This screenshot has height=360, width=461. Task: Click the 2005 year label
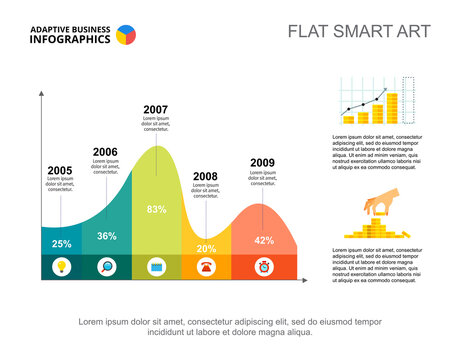pyautogui.click(x=60, y=170)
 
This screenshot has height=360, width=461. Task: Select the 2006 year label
pyautogui.click(x=105, y=152)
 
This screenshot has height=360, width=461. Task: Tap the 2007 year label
pyautogui.click(x=155, y=109)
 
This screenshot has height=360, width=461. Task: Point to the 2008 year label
pyautogui.click(x=205, y=176)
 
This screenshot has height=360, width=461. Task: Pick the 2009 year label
pyautogui.click(x=262, y=162)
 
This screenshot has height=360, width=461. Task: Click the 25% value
pyautogui.click(x=62, y=244)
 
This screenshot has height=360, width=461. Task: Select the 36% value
pyautogui.click(x=107, y=236)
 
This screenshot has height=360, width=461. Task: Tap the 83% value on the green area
pyautogui.click(x=157, y=210)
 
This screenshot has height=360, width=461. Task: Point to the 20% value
pyautogui.click(x=206, y=248)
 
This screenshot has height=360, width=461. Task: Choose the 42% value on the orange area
pyautogui.click(x=264, y=240)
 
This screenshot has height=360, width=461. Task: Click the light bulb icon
pyautogui.click(x=62, y=266)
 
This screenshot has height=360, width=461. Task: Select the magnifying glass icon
pyautogui.click(x=108, y=266)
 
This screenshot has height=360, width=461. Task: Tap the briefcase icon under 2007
pyautogui.click(x=157, y=266)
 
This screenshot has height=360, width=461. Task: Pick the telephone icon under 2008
pyautogui.click(x=207, y=266)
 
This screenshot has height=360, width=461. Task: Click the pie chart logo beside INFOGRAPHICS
pyautogui.click(x=127, y=35)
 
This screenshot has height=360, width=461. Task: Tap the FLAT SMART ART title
pyautogui.click(x=359, y=31)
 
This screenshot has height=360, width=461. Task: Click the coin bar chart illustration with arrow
pyautogui.click(x=376, y=102)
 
